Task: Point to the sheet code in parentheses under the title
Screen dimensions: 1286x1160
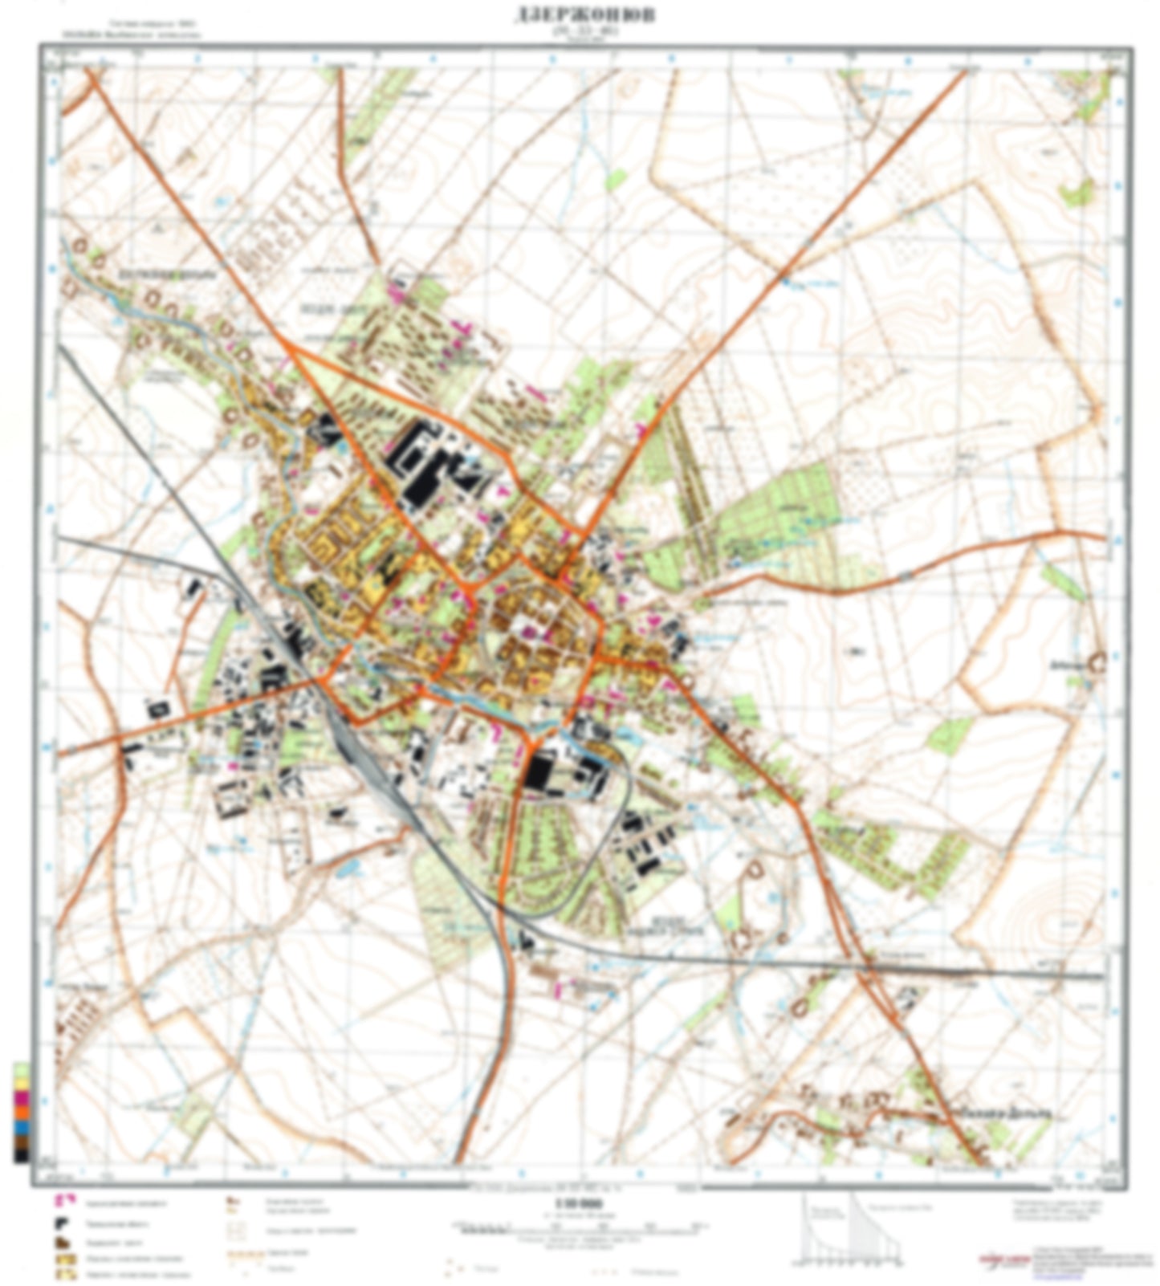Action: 584,32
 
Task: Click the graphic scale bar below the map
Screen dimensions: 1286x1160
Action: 579,1227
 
